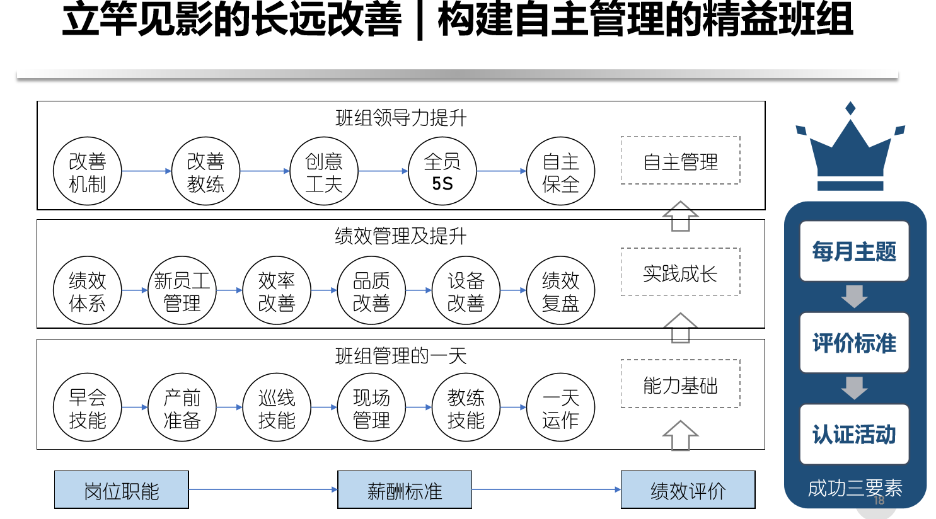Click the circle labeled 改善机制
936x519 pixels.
87,171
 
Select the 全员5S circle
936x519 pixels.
442,171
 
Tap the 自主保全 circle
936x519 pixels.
560,171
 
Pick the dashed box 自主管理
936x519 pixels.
680,161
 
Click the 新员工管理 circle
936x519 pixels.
182,290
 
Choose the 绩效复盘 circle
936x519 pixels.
560,290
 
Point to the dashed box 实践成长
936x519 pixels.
680,272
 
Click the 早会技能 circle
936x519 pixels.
87,408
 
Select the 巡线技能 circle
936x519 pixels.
277,408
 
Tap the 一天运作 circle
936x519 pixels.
560,408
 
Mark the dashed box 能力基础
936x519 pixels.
680,384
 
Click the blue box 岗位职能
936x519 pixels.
122,489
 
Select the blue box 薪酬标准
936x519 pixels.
405,489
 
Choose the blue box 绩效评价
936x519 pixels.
688,489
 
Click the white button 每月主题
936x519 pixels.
854,251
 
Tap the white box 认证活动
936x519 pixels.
854,434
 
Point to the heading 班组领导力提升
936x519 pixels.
401,118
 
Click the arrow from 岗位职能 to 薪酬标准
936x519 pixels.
263,489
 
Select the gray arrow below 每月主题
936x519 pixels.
854,296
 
